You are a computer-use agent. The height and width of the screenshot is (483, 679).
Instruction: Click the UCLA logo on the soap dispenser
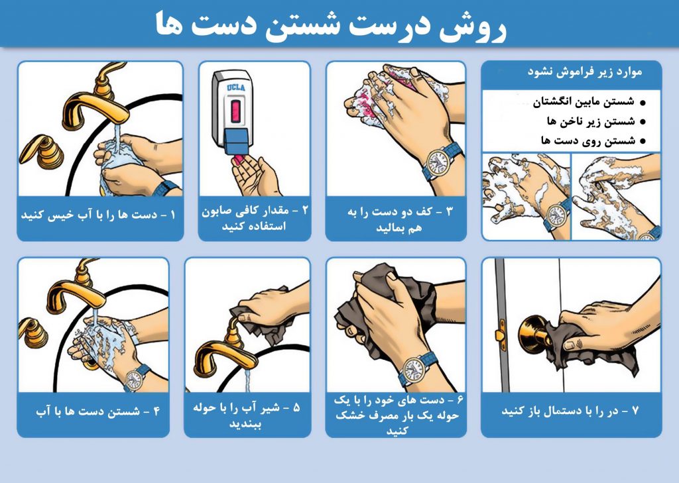(236, 87)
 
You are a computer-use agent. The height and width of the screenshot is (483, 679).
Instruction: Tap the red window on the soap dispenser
(235, 110)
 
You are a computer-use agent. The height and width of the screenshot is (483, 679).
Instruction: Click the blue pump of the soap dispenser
(237, 141)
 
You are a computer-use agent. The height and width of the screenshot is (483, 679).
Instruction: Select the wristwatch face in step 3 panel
(438, 162)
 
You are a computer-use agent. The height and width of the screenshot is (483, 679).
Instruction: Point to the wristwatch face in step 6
(413, 370)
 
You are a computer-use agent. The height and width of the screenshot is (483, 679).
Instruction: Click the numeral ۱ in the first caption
(173, 215)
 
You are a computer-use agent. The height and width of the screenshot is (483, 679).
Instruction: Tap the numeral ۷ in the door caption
(635, 410)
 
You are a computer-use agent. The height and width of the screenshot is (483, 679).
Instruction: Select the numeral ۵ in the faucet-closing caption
(296, 407)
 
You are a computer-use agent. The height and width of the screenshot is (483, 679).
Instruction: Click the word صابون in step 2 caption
(217, 212)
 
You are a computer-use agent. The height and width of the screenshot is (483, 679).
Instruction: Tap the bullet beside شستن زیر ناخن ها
(642, 122)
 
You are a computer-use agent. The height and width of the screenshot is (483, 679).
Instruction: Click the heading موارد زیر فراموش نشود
(585, 72)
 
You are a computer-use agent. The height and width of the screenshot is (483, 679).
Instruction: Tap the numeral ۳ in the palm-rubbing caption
(449, 211)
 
